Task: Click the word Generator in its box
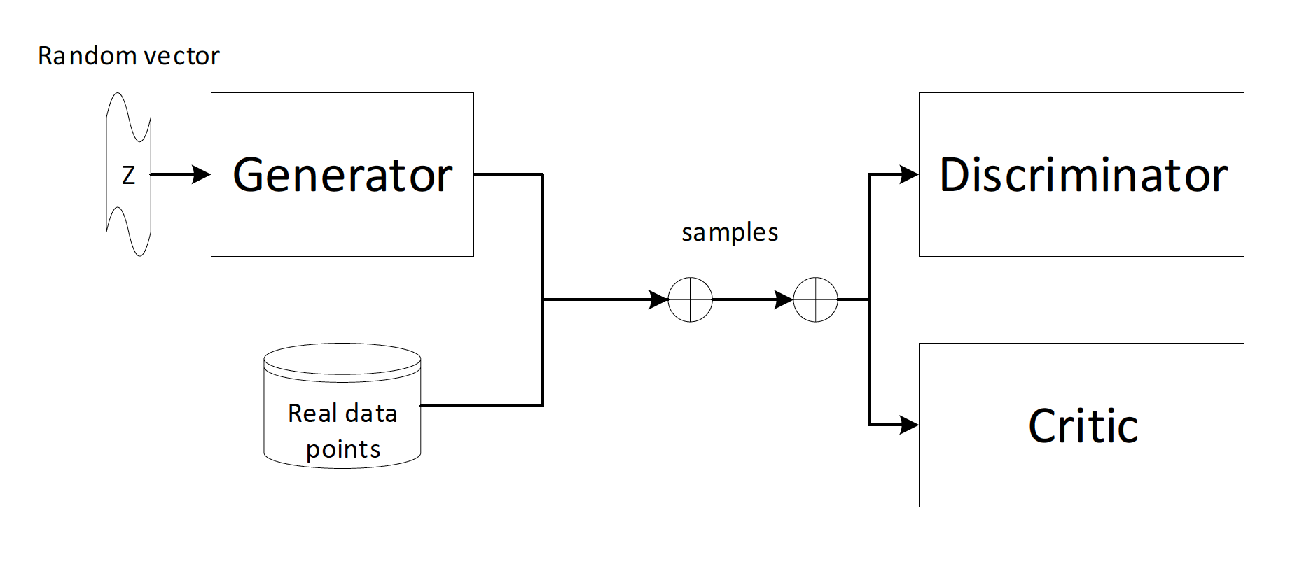342,175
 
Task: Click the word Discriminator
1083,175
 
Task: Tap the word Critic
1083,426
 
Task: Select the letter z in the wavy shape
128,175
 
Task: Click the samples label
730,232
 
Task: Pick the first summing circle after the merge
690,299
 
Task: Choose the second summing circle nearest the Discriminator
815,299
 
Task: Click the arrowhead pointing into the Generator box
202,174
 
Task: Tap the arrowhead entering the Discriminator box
910,174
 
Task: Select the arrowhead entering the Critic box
910,425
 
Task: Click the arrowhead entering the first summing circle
660,299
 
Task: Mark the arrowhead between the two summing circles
784,299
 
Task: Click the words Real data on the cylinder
342,414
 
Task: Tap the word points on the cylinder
343,449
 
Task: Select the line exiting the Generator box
508,174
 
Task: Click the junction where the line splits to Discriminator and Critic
869,299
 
